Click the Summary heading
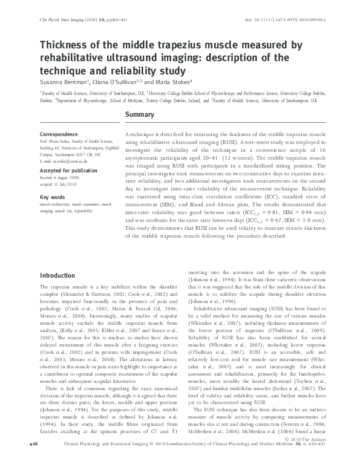[140, 114]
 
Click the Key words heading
[52, 198]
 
